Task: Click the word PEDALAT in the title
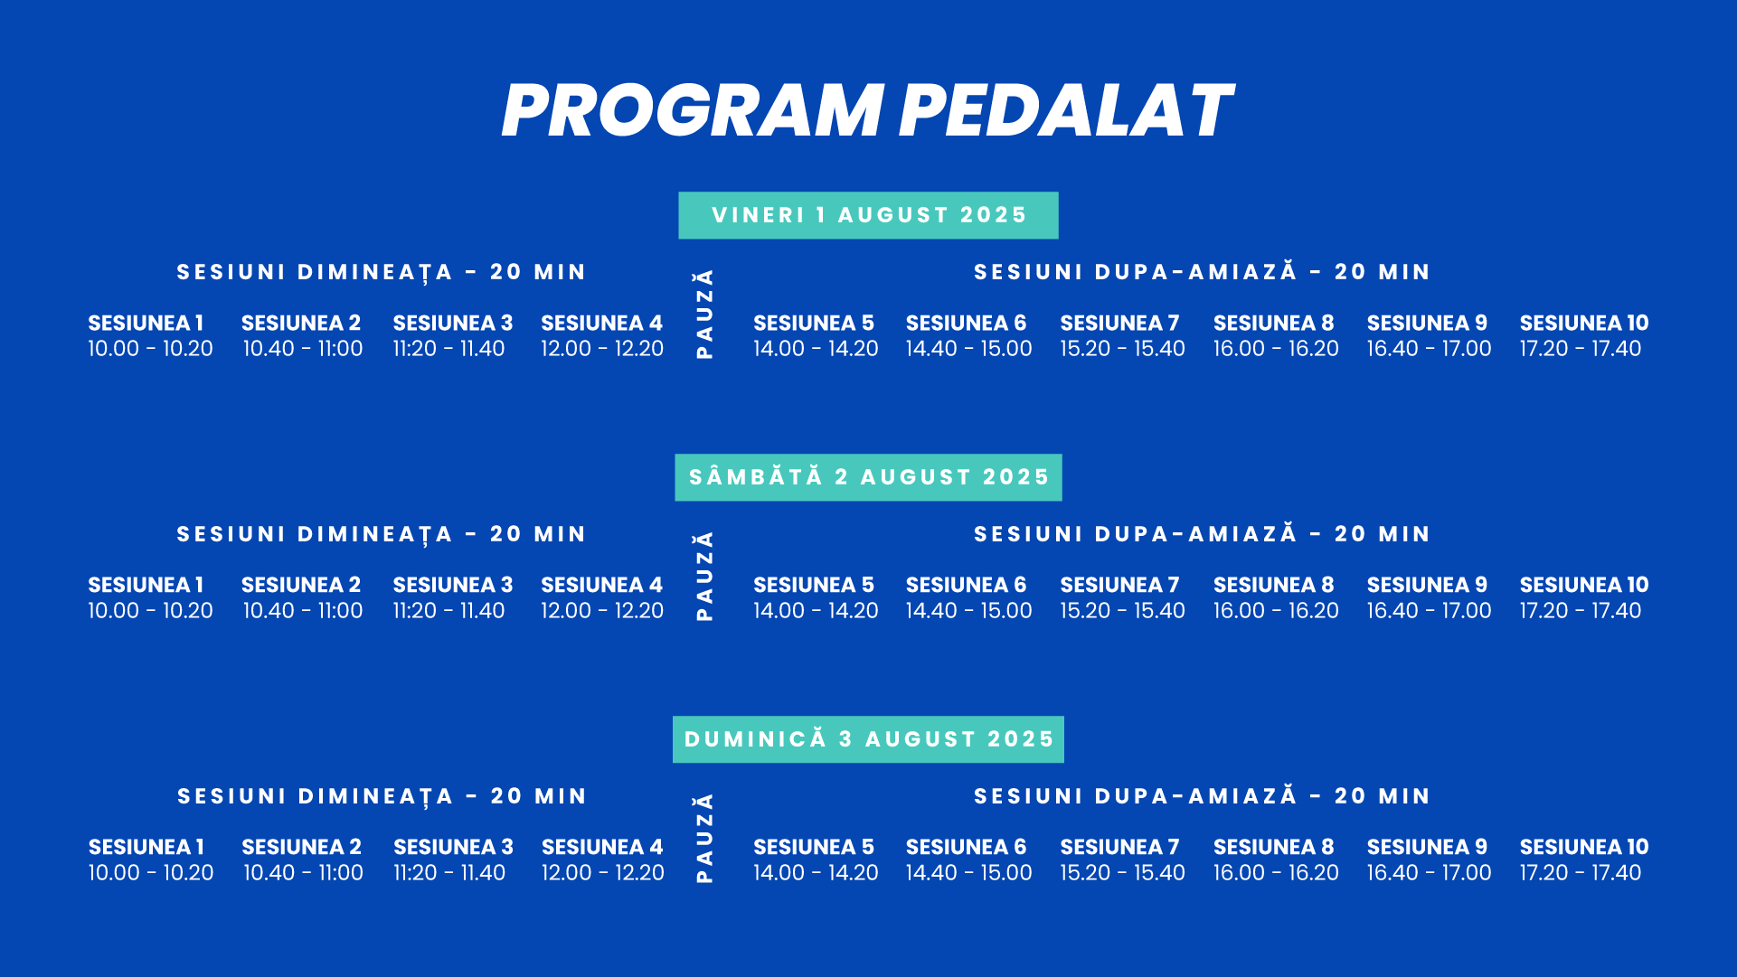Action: [1064, 111]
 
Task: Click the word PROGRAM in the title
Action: [692, 111]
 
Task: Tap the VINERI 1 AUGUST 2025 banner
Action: [868, 215]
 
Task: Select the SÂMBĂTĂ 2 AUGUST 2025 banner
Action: [868, 477]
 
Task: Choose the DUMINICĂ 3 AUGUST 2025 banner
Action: [868, 739]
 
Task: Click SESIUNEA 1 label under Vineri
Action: [146, 323]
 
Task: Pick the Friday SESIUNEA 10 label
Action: [1583, 323]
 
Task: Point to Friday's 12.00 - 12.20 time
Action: [602, 349]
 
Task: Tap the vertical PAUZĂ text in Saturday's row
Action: [704, 576]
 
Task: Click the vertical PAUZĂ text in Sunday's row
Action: [704, 838]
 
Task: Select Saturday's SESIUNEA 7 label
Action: [1119, 585]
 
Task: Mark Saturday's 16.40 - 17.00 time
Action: [1429, 611]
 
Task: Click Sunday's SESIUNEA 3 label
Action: [453, 847]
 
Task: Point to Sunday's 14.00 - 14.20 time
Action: [816, 873]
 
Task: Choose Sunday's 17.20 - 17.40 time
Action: [1580, 873]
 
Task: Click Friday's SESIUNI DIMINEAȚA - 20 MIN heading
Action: [382, 272]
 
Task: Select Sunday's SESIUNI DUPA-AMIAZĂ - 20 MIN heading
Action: [1202, 796]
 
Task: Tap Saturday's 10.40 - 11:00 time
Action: [302, 611]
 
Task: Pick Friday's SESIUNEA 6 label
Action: [966, 323]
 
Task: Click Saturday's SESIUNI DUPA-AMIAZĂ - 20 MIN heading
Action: [1202, 534]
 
